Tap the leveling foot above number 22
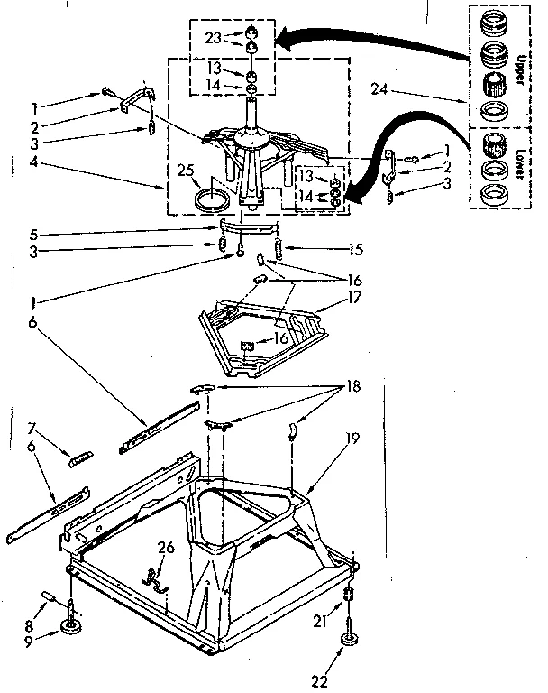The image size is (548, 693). (347, 642)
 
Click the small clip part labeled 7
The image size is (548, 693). (80, 457)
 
